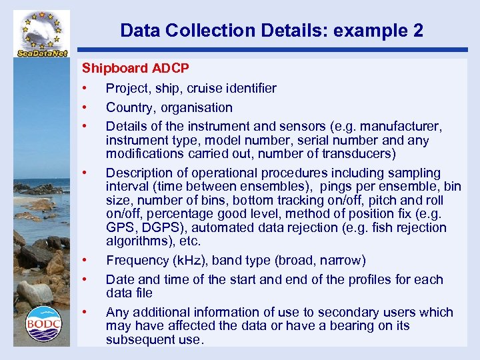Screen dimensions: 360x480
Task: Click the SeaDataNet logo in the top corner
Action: (x=41, y=33)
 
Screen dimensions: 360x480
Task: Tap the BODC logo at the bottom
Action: (x=43, y=323)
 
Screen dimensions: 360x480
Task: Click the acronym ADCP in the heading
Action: (x=171, y=68)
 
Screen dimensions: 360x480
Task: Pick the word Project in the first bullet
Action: (x=127, y=88)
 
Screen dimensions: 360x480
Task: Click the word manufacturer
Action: (x=402, y=126)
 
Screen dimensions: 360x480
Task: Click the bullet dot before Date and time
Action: (x=85, y=279)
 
